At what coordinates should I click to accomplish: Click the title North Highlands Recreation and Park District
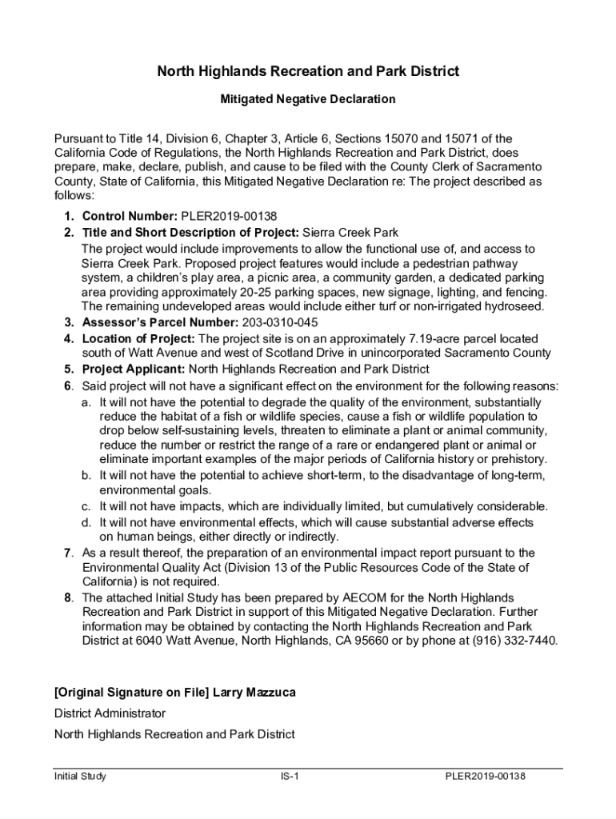click(x=307, y=72)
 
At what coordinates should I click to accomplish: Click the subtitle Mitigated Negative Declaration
click(x=308, y=100)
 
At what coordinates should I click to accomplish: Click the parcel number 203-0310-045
click(x=280, y=322)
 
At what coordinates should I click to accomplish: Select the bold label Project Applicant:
click(x=133, y=369)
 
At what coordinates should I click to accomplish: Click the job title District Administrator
click(x=110, y=713)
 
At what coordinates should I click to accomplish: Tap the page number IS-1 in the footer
click(x=289, y=777)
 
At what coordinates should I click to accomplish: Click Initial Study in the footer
click(x=80, y=777)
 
